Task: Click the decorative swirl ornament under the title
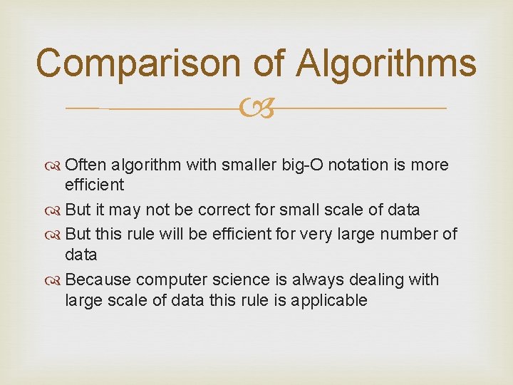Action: [256, 109]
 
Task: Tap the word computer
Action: [167, 280]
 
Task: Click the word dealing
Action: [375, 279]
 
